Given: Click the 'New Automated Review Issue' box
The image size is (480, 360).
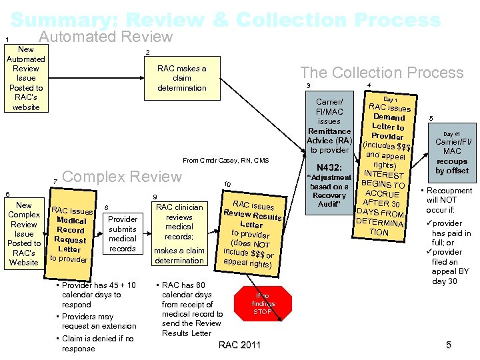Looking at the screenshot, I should (x=26, y=78).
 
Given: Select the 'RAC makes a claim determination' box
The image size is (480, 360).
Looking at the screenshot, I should (x=181, y=78).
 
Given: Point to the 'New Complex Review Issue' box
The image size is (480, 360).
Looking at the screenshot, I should (x=24, y=233).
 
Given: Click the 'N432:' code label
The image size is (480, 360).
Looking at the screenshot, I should (x=329, y=167).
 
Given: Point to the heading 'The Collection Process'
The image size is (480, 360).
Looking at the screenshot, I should (x=381, y=73).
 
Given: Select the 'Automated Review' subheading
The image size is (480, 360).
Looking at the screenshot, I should (x=105, y=37).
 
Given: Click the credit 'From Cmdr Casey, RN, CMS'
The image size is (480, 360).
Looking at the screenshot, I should (x=226, y=160).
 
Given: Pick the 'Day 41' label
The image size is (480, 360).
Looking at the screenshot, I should (x=452, y=134).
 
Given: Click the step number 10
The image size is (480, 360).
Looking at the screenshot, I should (x=227, y=185).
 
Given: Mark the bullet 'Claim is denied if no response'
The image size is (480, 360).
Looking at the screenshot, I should (x=99, y=343).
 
